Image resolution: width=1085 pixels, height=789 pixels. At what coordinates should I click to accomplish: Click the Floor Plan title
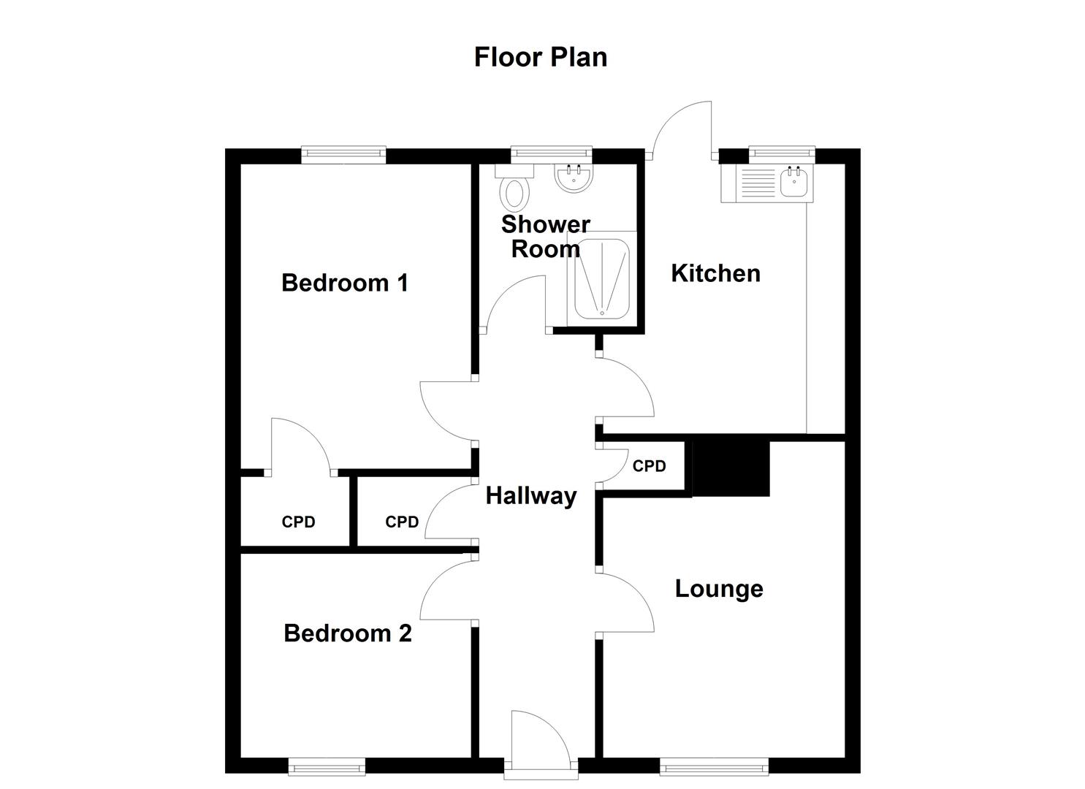point(541,58)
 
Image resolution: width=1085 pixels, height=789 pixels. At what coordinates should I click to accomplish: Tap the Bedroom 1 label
point(344,283)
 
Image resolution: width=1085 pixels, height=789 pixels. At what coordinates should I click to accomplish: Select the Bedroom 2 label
point(347,633)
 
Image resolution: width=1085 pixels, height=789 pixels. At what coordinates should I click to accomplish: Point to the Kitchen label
point(715,274)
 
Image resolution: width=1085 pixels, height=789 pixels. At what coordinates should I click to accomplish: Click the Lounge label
point(719,590)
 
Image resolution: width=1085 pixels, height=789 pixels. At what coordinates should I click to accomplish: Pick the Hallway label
point(531,496)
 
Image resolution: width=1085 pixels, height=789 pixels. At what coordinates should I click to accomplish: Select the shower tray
point(601,278)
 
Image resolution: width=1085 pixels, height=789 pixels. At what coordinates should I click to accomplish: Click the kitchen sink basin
point(793,183)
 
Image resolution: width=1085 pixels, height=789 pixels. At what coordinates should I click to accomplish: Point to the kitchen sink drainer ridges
point(758,183)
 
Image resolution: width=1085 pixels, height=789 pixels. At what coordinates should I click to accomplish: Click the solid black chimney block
point(731,469)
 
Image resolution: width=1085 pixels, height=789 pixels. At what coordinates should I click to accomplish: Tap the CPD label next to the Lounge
point(649,466)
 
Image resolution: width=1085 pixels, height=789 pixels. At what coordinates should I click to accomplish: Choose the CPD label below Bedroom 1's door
point(298,522)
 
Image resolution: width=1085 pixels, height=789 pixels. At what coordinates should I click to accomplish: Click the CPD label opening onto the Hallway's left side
point(402,522)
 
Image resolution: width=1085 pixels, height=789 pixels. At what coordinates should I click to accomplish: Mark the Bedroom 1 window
point(343,154)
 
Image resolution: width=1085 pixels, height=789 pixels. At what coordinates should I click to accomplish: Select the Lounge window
point(714,768)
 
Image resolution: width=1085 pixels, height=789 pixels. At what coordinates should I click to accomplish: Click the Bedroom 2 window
point(327,768)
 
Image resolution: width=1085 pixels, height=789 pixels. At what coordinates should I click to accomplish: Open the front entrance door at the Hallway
point(541,744)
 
